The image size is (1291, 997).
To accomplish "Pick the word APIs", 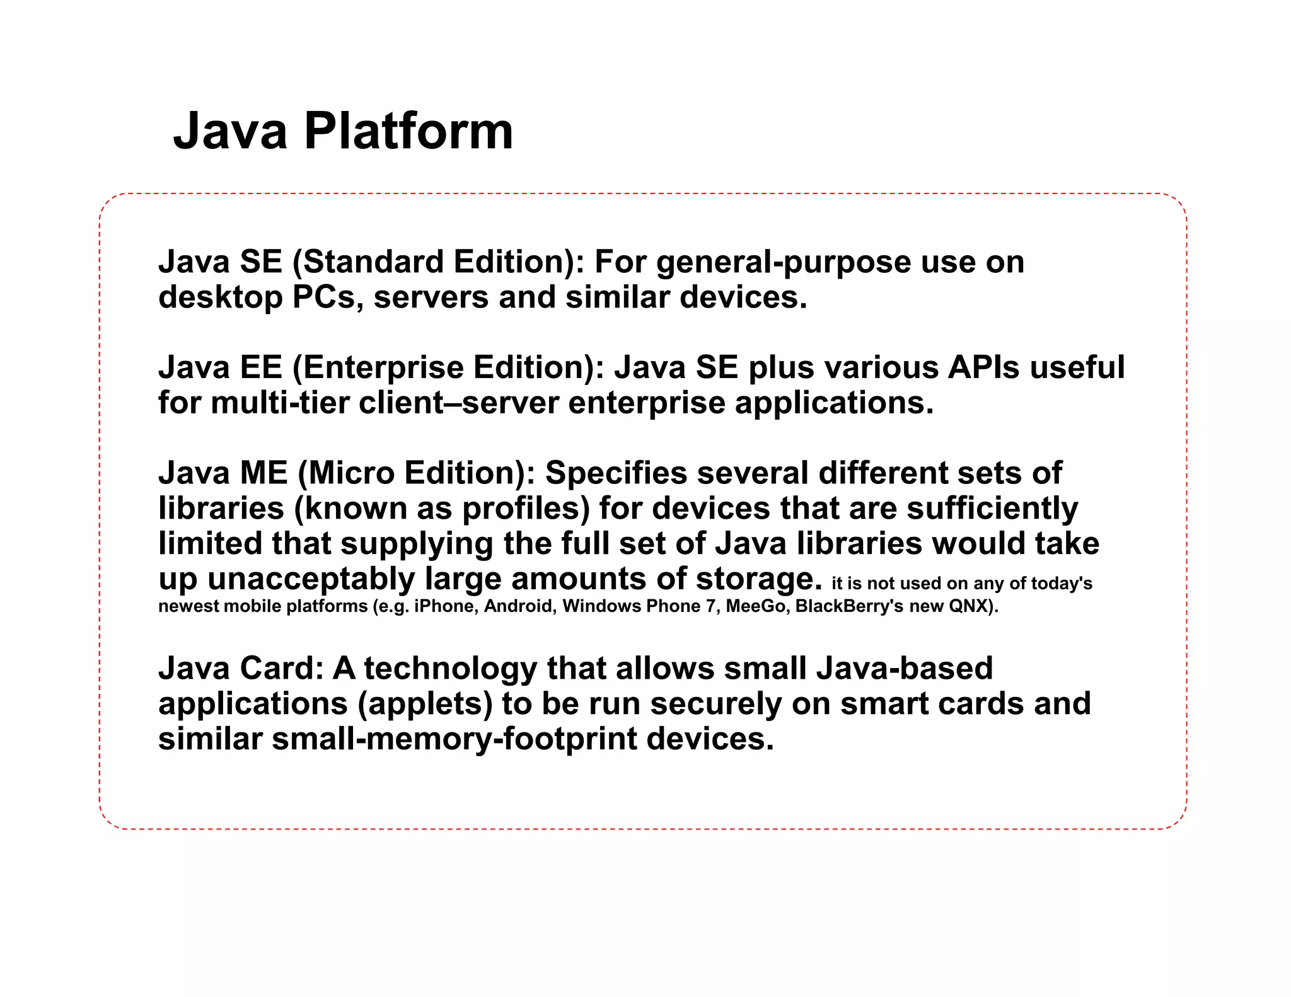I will click(x=983, y=367).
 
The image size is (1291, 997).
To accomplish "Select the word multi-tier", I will click(x=280, y=403).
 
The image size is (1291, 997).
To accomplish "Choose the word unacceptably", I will click(x=311, y=579).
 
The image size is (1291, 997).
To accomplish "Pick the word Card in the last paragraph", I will click(x=281, y=668).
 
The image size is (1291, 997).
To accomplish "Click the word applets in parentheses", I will click(x=426, y=705).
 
